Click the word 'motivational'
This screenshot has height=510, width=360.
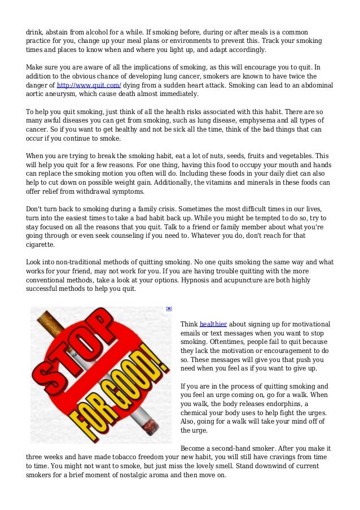[309, 324]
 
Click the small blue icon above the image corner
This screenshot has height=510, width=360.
[169, 309]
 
